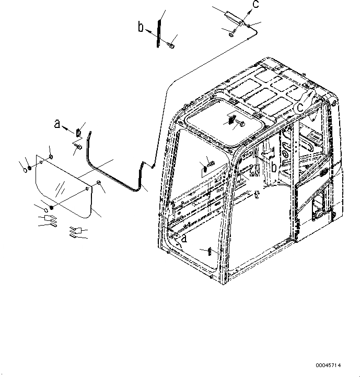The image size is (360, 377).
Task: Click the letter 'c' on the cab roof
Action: (x=300, y=107)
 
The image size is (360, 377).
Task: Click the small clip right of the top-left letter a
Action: (x=78, y=131)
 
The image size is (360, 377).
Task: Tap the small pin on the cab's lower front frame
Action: (x=208, y=250)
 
